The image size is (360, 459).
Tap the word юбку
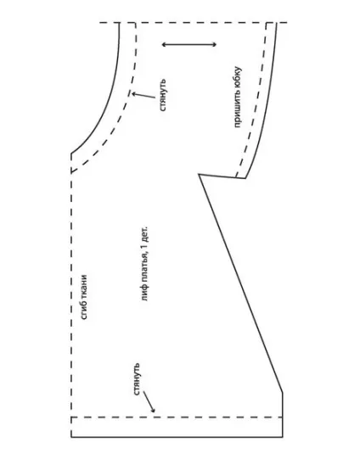[x=237, y=76]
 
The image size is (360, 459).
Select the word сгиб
[x=84, y=311]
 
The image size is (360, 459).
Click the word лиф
[x=143, y=294]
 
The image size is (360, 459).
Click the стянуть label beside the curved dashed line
[x=162, y=95]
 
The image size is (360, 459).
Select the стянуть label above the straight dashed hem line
[x=137, y=379]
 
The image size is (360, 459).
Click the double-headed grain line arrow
[x=189, y=44]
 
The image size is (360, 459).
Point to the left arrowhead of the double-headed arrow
[x=164, y=44]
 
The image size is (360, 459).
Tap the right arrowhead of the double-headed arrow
[x=215, y=44]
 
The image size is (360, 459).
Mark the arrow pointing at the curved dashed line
[x=143, y=95]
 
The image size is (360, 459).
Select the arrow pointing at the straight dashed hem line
[x=149, y=402]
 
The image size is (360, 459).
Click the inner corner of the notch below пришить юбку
[x=200, y=175]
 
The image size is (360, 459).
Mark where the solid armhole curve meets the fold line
[x=71, y=153]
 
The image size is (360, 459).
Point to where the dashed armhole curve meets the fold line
[x=71, y=172]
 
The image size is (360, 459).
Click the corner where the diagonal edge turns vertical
[x=283, y=392]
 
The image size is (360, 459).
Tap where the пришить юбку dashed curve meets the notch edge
[x=236, y=177]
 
